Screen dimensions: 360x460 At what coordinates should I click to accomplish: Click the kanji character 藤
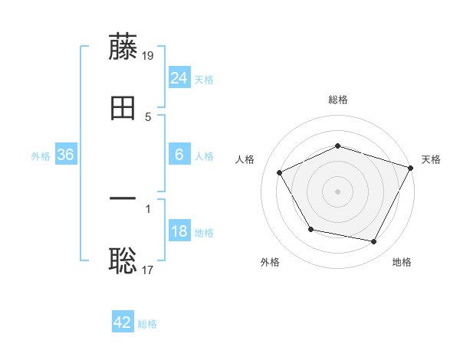(x=123, y=47)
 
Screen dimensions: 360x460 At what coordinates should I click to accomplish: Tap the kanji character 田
(x=123, y=109)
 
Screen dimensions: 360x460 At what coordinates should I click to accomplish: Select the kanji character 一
(x=123, y=198)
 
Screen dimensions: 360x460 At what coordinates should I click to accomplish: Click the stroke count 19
(x=149, y=55)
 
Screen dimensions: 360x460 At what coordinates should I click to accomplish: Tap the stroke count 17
(x=149, y=269)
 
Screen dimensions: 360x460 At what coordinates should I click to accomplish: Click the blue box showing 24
(x=179, y=78)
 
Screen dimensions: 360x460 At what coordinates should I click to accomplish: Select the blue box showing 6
(x=179, y=155)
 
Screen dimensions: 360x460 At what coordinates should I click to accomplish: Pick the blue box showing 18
(x=179, y=232)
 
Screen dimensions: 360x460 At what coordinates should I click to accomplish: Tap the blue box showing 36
(x=66, y=155)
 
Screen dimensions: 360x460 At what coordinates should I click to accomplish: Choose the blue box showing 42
(x=123, y=322)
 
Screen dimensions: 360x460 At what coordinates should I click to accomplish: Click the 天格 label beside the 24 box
(x=204, y=80)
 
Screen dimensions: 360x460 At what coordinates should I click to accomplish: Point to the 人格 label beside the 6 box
(x=204, y=156)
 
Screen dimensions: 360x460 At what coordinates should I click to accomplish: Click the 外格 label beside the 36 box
(x=41, y=156)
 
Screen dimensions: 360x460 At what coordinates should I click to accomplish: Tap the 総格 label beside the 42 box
(x=147, y=324)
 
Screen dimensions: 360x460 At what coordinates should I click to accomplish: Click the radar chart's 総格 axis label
(x=338, y=100)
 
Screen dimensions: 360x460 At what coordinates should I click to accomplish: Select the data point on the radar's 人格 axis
(x=280, y=173)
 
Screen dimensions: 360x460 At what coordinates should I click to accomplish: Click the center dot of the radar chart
(x=338, y=191)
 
